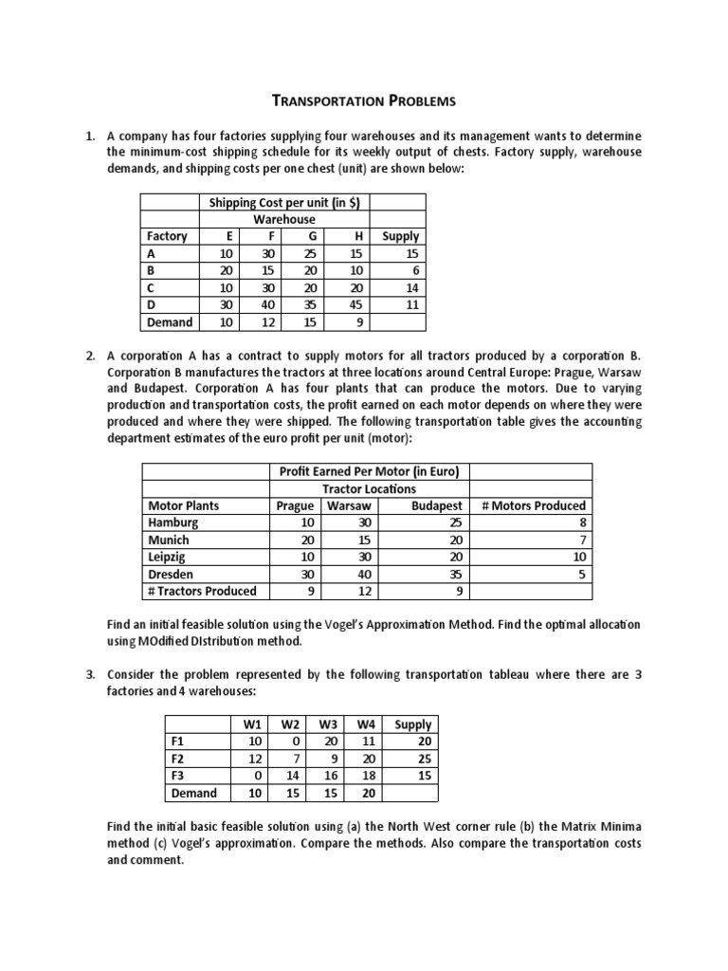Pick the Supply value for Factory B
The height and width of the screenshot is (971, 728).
point(410,270)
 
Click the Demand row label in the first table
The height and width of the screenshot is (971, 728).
point(170,321)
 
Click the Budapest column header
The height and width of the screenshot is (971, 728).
point(437,505)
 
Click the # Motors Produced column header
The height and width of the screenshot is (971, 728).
point(533,505)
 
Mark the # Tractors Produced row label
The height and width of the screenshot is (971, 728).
point(202,591)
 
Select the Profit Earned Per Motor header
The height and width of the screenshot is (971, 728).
point(369,471)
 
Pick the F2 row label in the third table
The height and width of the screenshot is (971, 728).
point(174,758)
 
